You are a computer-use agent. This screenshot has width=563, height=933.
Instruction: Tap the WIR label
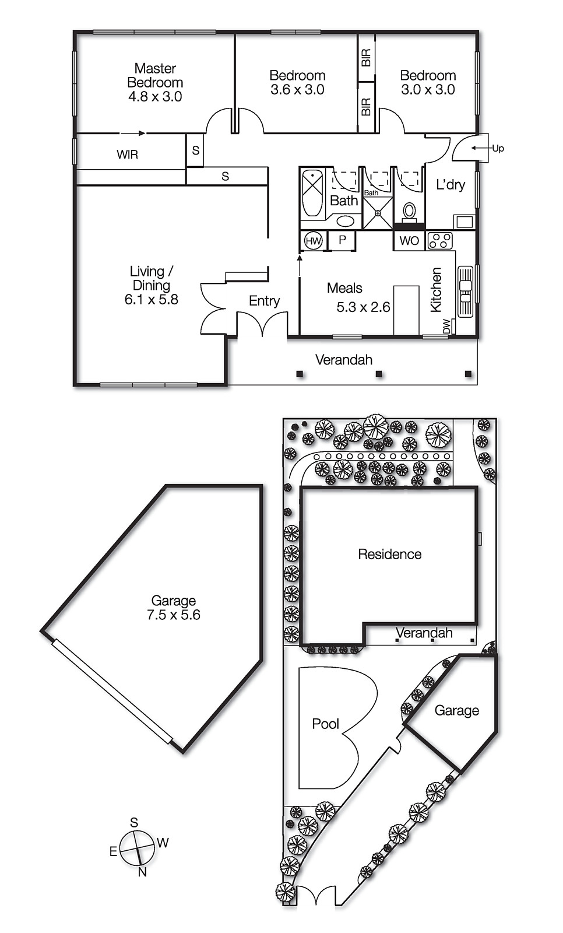127,155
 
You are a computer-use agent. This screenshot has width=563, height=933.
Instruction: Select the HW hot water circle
313,241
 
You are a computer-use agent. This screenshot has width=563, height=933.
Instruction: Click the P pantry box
342,240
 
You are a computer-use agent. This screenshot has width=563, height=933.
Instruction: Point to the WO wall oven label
409,241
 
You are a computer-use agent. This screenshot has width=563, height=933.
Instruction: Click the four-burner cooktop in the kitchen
440,241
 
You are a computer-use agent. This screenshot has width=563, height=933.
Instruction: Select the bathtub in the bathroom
312,193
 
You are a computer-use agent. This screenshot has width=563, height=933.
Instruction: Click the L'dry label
451,185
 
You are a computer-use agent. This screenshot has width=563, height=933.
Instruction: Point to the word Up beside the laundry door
498,148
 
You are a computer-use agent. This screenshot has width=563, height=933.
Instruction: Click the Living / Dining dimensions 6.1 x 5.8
151,300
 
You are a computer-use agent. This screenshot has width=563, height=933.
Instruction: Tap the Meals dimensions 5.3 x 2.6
363,307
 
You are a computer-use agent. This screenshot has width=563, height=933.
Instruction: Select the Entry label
264,301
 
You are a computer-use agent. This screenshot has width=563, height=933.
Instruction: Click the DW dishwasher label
446,326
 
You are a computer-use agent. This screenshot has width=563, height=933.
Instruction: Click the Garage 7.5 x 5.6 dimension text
174,615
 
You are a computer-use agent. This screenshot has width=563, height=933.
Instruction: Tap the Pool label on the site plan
325,724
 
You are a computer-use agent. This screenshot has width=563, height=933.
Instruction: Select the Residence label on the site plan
389,554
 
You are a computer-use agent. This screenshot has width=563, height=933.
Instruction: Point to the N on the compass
142,872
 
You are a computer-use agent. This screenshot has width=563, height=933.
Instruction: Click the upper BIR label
366,58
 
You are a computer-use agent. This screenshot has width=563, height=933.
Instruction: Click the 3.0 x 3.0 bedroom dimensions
428,90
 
